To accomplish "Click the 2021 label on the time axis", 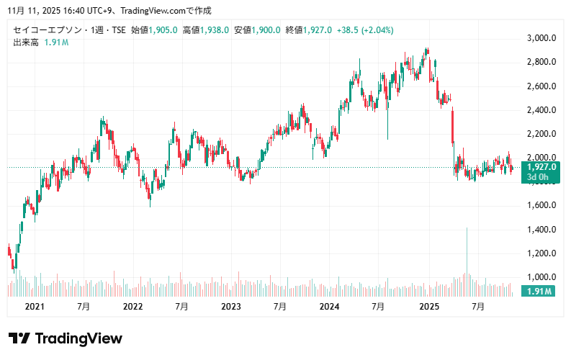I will pos(35,306).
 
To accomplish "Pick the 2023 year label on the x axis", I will pos(231,306).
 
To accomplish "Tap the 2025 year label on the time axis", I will pos(428,306).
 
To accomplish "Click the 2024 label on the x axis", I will pos(330,306).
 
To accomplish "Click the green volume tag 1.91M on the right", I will pos(539,292).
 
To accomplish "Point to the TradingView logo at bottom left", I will pos(66,338).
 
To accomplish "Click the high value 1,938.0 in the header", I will pos(215,30).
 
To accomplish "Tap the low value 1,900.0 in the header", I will pos(266,30).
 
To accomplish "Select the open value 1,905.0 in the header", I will pos(163,30).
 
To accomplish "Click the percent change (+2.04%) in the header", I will pos(378,30).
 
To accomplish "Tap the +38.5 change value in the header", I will pos(347,30).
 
